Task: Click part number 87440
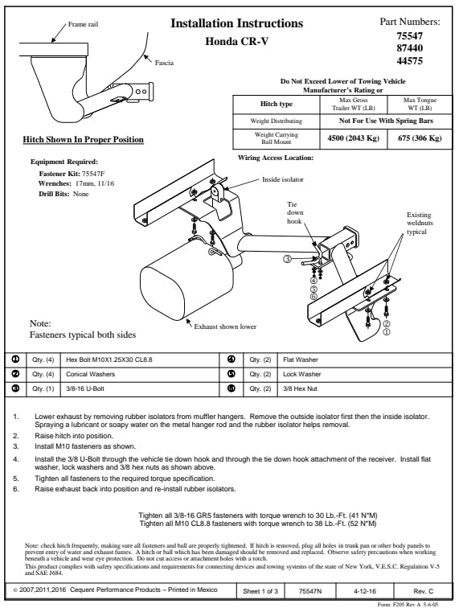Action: (409, 48)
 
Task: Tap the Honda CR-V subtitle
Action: (237, 41)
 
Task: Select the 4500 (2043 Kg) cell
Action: (354, 138)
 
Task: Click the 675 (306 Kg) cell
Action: (420, 138)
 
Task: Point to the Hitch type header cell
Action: (277, 104)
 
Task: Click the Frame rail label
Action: (83, 24)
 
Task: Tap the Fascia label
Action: (164, 63)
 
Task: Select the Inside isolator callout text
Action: (283, 179)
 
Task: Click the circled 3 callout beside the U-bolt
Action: (287, 259)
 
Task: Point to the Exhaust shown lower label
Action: (225, 327)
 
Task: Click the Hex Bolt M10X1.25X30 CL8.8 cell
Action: (140, 359)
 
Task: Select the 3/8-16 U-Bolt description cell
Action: (140, 388)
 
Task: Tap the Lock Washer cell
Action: (365, 374)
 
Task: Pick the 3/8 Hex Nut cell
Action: (365, 388)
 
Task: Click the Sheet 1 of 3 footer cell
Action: (260, 591)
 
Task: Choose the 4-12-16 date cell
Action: (365, 591)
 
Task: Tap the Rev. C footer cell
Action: (423, 591)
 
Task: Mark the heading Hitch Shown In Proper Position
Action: (84, 140)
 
